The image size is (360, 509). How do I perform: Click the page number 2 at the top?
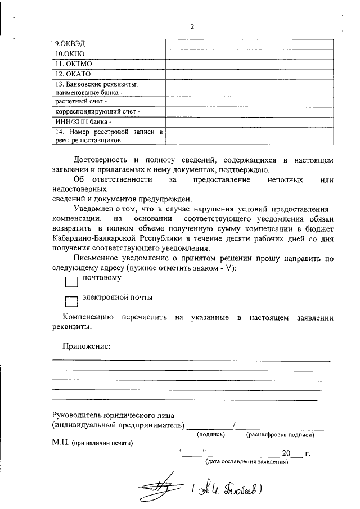click(192, 26)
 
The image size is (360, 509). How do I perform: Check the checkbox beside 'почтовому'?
click(71, 281)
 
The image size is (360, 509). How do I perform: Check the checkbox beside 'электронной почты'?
click(71, 301)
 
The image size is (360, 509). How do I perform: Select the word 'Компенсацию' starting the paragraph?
click(88, 317)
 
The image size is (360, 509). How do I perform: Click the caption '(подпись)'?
click(211, 435)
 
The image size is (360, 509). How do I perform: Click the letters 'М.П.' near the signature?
click(59, 443)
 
